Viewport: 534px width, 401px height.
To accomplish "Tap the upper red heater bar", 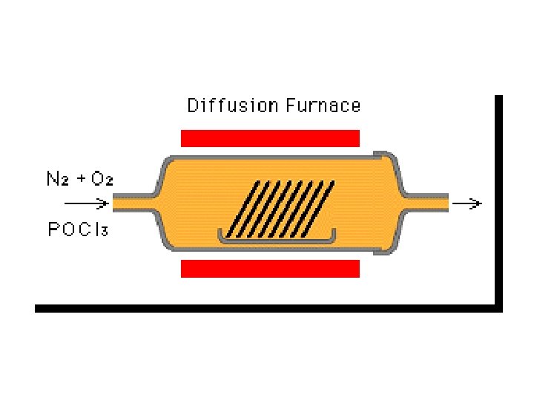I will (x=270, y=138).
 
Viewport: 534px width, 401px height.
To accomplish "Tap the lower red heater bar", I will (x=270, y=269).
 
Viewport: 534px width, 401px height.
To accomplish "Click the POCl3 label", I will (x=77, y=229).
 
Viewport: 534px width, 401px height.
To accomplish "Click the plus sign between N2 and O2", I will (x=79, y=178).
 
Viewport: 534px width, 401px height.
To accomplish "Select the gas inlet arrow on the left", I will (x=85, y=203).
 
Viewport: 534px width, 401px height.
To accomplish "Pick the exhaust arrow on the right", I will (x=469, y=202).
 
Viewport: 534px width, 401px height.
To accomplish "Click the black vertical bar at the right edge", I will (x=498, y=200).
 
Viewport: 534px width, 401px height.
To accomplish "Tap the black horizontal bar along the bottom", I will (x=267, y=307).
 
